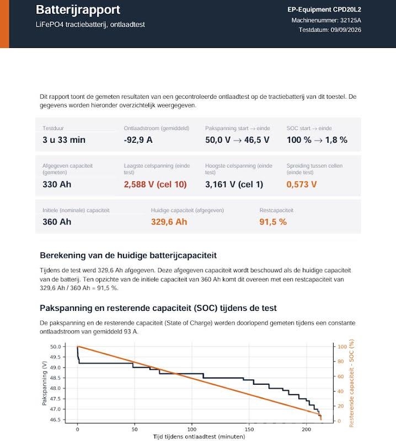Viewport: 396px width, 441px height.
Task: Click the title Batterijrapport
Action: (78, 10)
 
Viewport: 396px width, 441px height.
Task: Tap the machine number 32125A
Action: (351, 20)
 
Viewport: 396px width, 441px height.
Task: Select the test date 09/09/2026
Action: (346, 30)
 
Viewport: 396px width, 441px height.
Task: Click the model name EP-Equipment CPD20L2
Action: (324, 9)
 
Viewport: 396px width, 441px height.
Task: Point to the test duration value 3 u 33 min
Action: (64, 140)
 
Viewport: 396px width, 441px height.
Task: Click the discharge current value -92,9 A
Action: (138, 140)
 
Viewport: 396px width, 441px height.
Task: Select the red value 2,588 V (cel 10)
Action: (156, 184)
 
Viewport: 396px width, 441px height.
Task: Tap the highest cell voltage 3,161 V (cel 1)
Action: (234, 184)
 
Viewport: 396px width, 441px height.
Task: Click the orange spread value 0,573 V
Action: (302, 184)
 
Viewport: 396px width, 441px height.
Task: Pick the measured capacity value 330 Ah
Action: (57, 184)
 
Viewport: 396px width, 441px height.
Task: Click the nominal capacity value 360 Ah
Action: (57, 222)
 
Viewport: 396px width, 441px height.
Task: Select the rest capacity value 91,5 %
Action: (273, 222)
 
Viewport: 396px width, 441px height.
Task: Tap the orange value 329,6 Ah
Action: (169, 222)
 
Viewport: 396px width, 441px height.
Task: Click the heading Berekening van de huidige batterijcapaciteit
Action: (129, 255)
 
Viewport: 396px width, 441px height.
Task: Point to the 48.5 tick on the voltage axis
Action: (56, 378)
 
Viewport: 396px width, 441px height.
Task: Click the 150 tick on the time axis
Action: (249, 429)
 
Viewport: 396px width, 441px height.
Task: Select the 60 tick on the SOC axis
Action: (340, 377)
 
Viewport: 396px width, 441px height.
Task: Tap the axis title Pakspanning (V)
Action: (44, 383)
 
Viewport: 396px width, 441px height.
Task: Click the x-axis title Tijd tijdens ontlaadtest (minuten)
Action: (199, 437)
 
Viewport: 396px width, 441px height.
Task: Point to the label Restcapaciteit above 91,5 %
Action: (276, 210)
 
